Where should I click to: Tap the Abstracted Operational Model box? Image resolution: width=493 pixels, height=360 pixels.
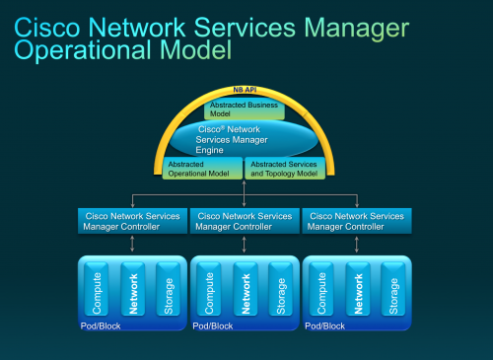tap(202, 169)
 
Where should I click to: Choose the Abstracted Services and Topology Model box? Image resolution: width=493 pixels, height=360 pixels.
tap(286, 169)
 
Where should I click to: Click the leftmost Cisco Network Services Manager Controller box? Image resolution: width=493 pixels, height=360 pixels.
tap(131, 221)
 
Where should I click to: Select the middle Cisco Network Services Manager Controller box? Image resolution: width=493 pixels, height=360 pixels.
tap(244, 221)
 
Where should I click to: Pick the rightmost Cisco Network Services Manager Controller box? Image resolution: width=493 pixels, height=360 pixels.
tap(356, 221)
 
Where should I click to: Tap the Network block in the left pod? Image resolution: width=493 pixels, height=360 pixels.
tap(132, 288)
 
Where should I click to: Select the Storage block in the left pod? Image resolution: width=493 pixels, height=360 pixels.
tap(168, 288)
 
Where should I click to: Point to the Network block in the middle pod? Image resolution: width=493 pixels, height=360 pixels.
tap(245, 288)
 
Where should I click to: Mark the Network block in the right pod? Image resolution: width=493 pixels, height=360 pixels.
tap(357, 288)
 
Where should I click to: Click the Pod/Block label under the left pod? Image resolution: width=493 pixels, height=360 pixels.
tap(101, 324)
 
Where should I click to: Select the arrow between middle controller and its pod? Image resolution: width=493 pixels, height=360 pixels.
tap(244, 245)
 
